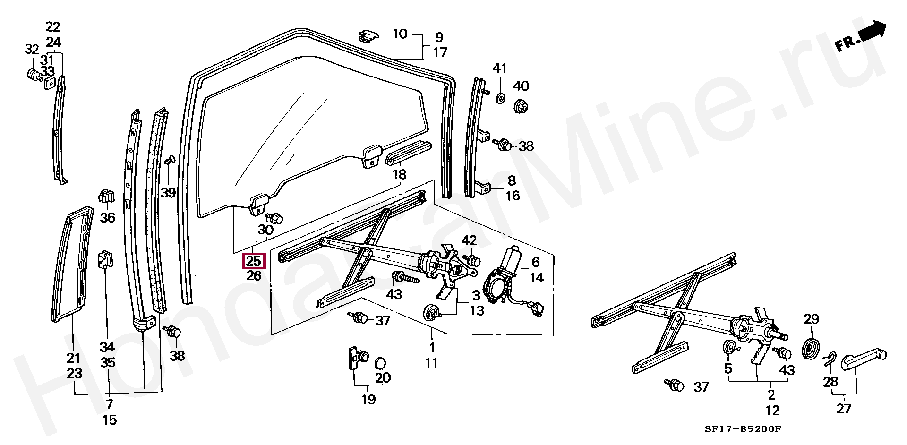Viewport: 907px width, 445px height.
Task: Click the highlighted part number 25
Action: point(254,261)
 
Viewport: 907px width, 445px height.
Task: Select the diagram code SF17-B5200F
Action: point(744,429)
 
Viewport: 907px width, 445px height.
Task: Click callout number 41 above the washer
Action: point(499,68)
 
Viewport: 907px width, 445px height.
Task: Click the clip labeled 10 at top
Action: point(369,35)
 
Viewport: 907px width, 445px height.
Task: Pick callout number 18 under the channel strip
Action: point(400,174)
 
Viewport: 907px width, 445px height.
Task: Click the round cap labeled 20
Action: point(380,363)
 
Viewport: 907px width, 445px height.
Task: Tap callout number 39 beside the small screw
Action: point(168,192)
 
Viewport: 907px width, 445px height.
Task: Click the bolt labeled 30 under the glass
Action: point(275,218)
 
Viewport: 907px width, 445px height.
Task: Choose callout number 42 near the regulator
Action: point(469,240)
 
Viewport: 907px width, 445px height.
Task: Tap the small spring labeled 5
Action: point(731,348)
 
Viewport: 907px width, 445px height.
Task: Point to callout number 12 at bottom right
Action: point(773,410)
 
